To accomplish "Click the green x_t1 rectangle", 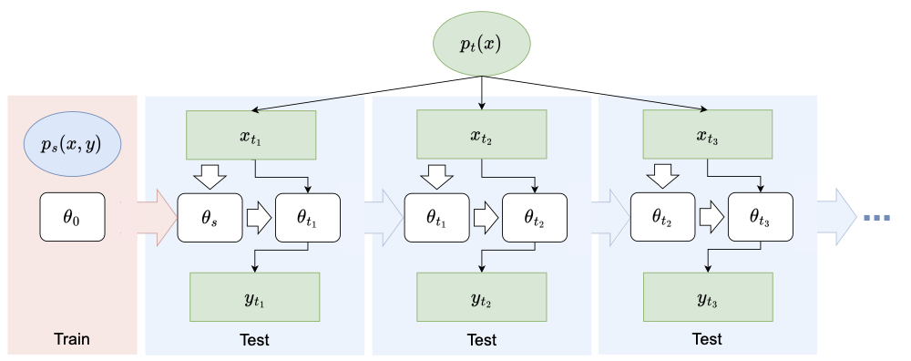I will tap(251, 133).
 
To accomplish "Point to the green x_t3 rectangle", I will tap(709, 133).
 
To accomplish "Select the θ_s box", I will tap(210, 218).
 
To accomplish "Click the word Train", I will tap(71, 341).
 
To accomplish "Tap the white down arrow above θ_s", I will tap(210, 176).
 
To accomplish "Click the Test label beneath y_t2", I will tap(482, 341).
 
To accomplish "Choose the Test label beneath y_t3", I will tap(707, 341).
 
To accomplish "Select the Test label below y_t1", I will tap(254, 341).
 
